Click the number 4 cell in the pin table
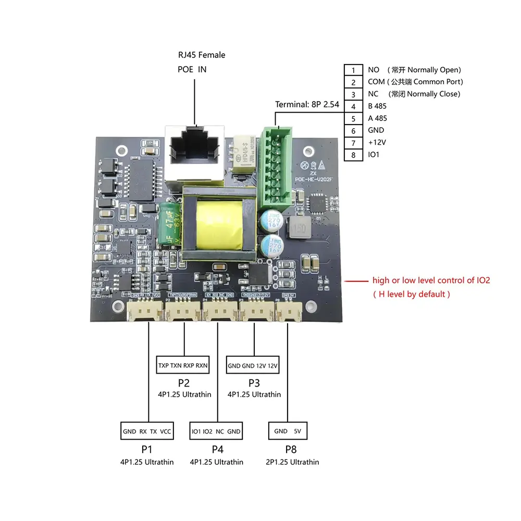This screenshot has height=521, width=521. pyautogui.click(x=353, y=106)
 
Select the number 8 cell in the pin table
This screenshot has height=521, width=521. pyautogui.click(x=353, y=155)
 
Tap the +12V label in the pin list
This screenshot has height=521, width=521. pyautogui.click(x=378, y=143)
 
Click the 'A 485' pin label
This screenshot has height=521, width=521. pyautogui.click(x=377, y=118)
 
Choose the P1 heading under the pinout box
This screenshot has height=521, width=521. pyautogui.click(x=146, y=449)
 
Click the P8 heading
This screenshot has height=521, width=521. pyautogui.click(x=290, y=449)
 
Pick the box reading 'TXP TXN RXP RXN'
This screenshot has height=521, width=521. pyautogui.click(x=183, y=365)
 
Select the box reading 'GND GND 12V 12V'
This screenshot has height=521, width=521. pyautogui.click(x=253, y=366)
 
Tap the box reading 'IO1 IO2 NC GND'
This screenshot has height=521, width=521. pyautogui.click(x=216, y=431)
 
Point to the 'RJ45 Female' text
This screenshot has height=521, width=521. pyautogui.click(x=202, y=55)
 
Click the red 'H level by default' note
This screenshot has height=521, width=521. pyautogui.click(x=412, y=294)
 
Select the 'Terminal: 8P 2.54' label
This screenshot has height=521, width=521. pyautogui.click(x=307, y=105)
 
